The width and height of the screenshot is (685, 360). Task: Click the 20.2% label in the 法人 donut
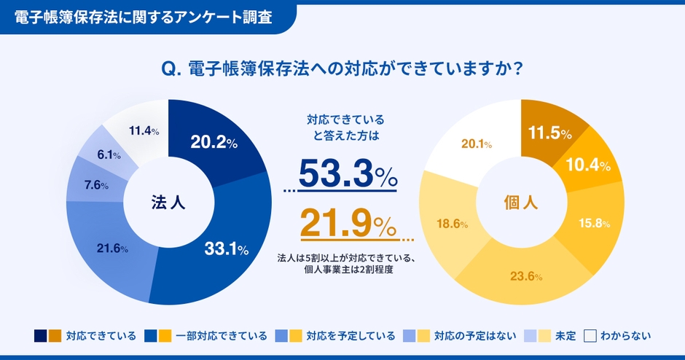point(214,143)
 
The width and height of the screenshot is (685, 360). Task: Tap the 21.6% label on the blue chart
point(112,249)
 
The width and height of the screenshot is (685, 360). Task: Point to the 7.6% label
point(96,185)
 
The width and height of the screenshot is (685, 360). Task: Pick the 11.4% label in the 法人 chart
point(144,131)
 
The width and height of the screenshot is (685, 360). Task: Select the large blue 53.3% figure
point(347,175)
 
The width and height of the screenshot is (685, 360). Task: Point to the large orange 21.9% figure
point(347,224)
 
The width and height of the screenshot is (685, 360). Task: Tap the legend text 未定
point(565,336)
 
